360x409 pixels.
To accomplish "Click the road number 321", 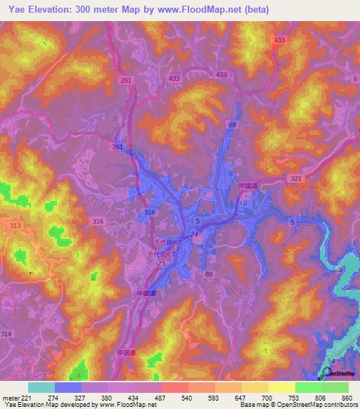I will click(296, 179).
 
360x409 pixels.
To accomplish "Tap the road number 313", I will click(15, 226).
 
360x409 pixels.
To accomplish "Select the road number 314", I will click(6, 333).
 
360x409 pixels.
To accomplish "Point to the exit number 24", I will click(193, 235).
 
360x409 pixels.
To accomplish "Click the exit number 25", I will click(162, 263).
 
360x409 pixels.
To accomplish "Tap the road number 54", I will click(330, 361).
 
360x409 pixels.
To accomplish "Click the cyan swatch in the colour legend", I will click(41, 387).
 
